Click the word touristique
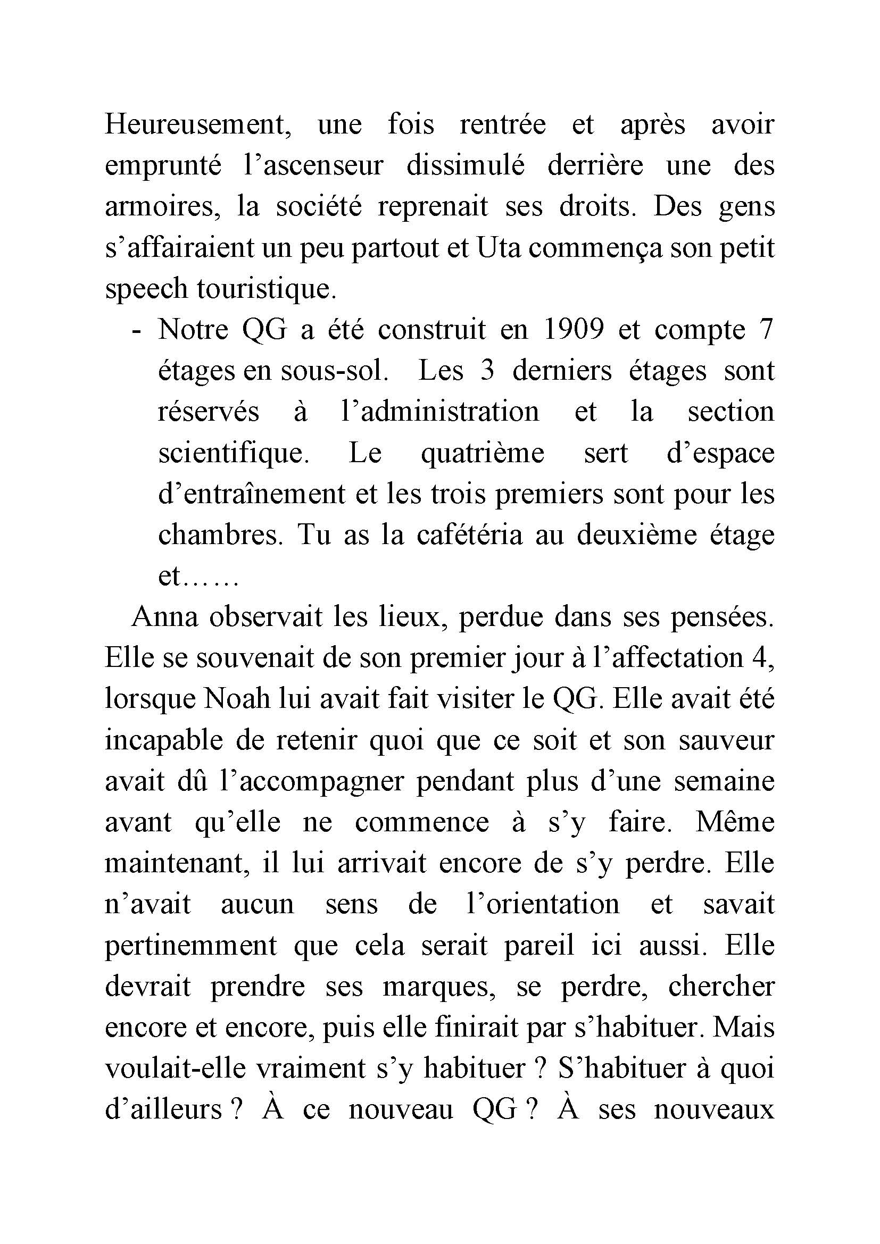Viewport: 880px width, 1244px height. coord(266,289)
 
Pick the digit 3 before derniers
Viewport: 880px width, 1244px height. coord(487,372)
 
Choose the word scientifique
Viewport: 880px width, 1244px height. coord(233,454)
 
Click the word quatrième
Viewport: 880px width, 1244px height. coord(482,454)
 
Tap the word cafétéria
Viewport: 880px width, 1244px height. coord(470,536)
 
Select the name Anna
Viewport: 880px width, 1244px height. coord(165,618)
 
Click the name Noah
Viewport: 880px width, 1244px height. coord(237,700)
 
